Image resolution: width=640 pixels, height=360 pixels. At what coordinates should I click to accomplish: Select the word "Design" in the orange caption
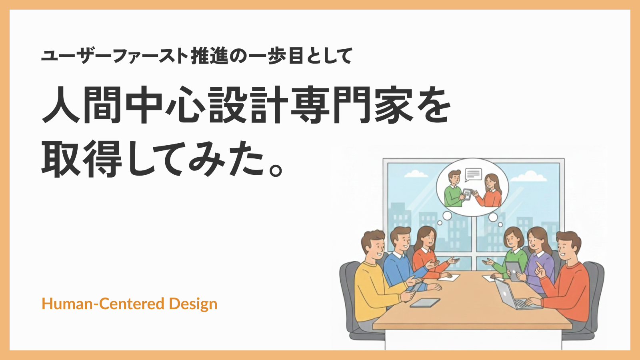(193, 304)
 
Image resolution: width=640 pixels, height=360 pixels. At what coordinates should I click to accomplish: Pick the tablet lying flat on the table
(425, 303)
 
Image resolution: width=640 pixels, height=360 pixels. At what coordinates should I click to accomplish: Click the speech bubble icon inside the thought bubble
(473, 174)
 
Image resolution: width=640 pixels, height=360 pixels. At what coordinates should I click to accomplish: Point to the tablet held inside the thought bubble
(467, 194)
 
